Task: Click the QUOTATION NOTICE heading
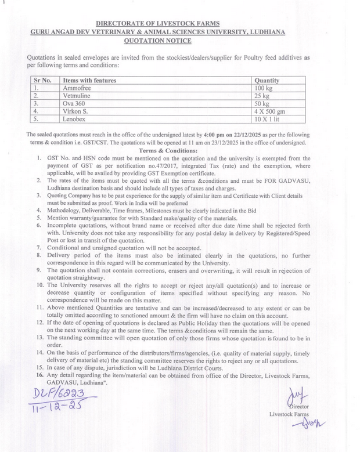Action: click(157, 41)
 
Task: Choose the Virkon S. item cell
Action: click(76, 110)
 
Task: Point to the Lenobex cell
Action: click(75, 118)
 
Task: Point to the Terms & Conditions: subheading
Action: click(168, 150)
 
